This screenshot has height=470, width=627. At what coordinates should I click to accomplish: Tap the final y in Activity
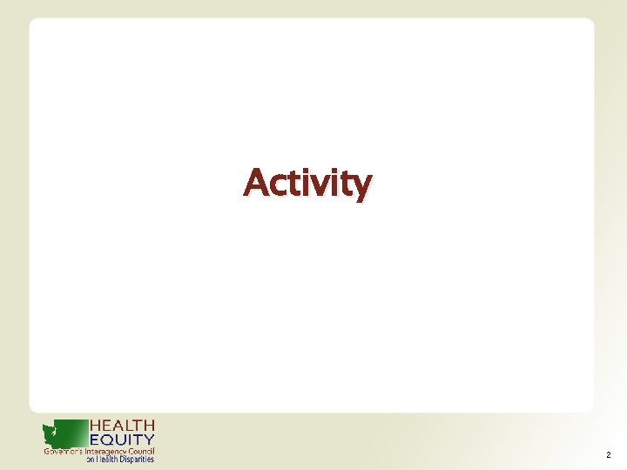pos(361,187)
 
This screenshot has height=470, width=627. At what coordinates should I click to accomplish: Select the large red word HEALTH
pos(123,426)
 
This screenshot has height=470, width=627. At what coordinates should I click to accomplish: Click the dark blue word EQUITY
pos(123,440)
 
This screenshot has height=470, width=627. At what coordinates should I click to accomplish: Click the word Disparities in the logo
pos(136,460)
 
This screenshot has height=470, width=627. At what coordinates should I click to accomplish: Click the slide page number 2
pos(607,455)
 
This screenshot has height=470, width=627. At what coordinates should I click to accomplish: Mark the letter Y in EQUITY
pos(149,440)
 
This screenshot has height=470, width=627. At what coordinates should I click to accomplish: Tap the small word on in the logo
pos(90,460)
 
